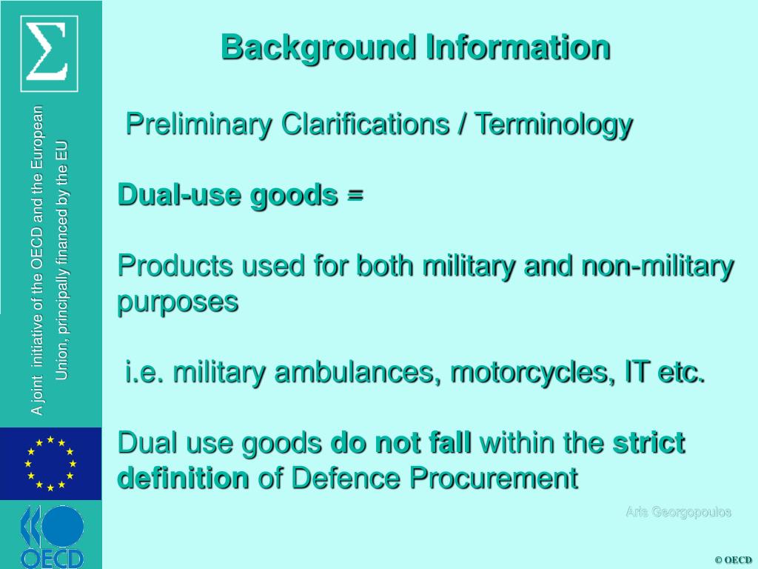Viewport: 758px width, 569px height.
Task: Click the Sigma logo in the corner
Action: pyautogui.click(x=50, y=51)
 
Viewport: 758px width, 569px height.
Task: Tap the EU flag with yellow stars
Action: pyautogui.click(x=50, y=464)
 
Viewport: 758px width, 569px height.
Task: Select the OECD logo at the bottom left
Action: pyautogui.click(x=51, y=536)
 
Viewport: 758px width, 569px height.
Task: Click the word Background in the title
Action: pyautogui.click(x=319, y=47)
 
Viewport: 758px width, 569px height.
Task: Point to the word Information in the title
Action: pyautogui.click(x=517, y=47)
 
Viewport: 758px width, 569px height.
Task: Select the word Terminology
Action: pyautogui.click(x=554, y=124)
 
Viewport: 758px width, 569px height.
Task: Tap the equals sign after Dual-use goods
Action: pyautogui.click(x=355, y=195)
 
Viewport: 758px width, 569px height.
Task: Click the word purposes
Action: pyautogui.click(x=178, y=302)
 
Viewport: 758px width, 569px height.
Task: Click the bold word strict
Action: pyautogui.click(x=648, y=443)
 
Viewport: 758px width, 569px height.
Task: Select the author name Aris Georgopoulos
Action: pyautogui.click(x=678, y=512)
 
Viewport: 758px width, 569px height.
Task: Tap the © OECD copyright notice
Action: pyautogui.click(x=733, y=559)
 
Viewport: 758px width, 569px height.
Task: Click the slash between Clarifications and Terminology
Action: pyautogui.click(x=462, y=124)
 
